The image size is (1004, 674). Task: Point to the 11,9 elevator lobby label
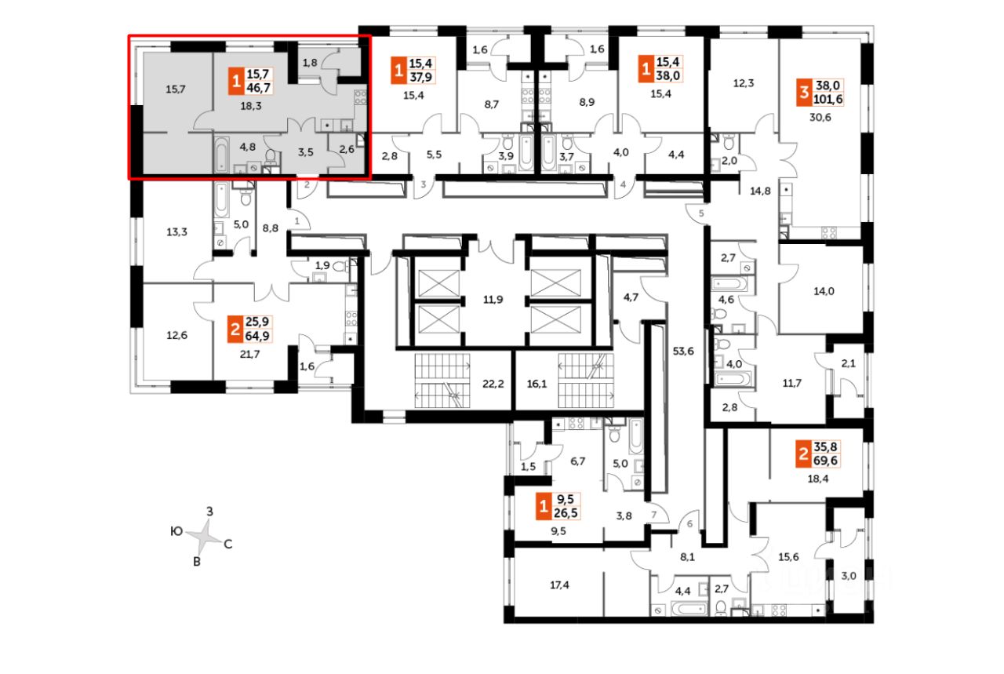pos(492,299)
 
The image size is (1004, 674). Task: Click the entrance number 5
pos(702,213)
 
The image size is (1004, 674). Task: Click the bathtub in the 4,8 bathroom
pos(221,154)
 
